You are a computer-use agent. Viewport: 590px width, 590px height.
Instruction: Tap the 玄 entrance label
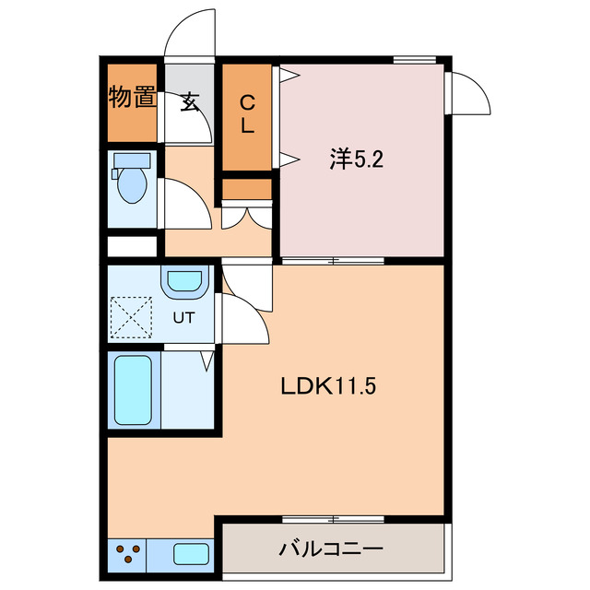pos(190,102)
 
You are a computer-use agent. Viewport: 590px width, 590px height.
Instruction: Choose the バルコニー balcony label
pos(331,550)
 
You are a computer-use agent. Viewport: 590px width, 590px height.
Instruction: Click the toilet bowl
pos(131,180)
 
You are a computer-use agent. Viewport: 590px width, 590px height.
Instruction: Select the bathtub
pos(133,391)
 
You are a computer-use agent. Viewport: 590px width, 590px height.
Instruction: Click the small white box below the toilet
pos(132,247)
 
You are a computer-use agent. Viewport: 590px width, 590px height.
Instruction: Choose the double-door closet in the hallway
pos(247,214)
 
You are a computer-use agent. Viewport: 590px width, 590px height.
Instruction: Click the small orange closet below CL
pos(247,189)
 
